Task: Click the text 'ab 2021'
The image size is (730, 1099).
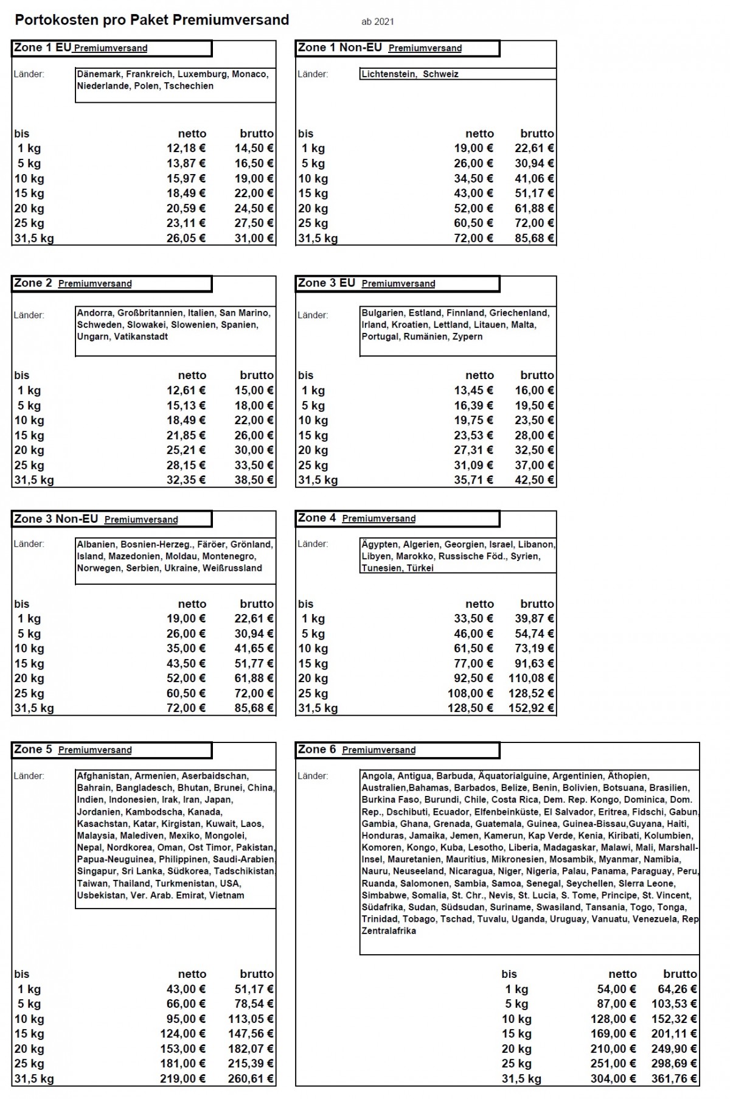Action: tap(377, 22)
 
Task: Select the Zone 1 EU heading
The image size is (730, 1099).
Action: tap(42, 47)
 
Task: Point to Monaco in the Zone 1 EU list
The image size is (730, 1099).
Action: tap(249, 74)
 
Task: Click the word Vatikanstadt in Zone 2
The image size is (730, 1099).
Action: tap(141, 337)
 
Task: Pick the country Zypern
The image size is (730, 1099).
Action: tap(467, 337)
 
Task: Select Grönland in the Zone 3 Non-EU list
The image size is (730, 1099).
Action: tap(251, 545)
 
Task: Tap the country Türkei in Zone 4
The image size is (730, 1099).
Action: tap(420, 568)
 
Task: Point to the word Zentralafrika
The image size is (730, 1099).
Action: tap(389, 931)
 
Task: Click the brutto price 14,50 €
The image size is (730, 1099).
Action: tap(254, 148)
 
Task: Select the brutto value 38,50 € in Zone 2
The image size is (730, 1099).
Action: tap(254, 480)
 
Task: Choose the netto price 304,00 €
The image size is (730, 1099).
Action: tap(613, 1079)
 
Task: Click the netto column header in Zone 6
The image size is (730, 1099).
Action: tap(622, 974)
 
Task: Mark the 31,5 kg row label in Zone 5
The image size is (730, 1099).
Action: tap(34, 1079)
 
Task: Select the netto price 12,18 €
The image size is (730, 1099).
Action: tap(186, 148)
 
